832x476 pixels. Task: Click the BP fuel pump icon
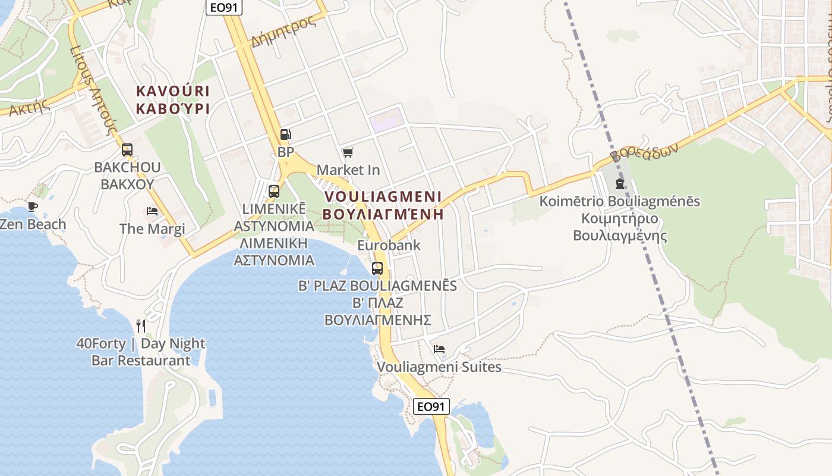click(285, 134)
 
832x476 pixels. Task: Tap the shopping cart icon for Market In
click(348, 153)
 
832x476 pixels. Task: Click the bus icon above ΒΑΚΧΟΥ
click(127, 149)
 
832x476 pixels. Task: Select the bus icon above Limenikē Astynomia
click(273, 191)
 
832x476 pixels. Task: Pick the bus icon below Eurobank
click(377, 268)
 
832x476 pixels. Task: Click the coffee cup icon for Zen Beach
click(32, 207)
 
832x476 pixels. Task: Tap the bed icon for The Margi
click(152, 211)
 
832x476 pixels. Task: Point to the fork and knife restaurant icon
click(141, 325)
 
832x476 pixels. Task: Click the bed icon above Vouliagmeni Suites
click(439, 349)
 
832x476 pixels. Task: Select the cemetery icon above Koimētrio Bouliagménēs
click(620, 183)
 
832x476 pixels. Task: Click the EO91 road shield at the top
click(224, 7)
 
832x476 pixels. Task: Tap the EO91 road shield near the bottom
click(431, 406)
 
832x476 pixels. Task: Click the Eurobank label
click(389, 245)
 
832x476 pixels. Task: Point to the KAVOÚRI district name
click(173, 91)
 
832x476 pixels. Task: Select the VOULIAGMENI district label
click(383, 196)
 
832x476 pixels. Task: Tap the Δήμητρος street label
click(283, 32)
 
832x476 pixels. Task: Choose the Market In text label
click(348, 170)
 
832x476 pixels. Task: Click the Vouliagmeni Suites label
click(439, 367)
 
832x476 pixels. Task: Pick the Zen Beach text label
click(33, 224)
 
